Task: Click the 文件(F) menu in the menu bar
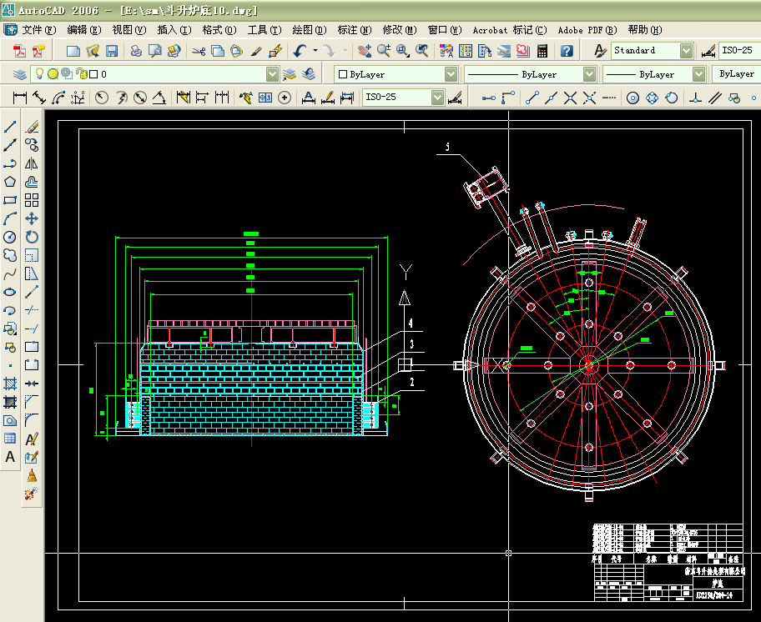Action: (x=38, y=30)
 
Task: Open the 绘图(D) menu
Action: (x=309, y=30)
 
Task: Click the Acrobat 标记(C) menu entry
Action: (x=510, y=30)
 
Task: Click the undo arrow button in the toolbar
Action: (x=300, y=51)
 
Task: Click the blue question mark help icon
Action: (x=567, y=51)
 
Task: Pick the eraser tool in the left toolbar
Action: (x=32, y=128)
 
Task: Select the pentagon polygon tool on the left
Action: (x=11, y=182)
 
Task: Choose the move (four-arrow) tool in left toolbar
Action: (x=32, y=218)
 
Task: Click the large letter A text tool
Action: (x=11, y=457)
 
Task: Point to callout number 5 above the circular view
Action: (x=447, y=148)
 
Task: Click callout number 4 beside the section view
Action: (x=411, y=322)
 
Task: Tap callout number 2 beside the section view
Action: (x=411, y=382)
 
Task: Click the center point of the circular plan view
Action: (x=588, y=364)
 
